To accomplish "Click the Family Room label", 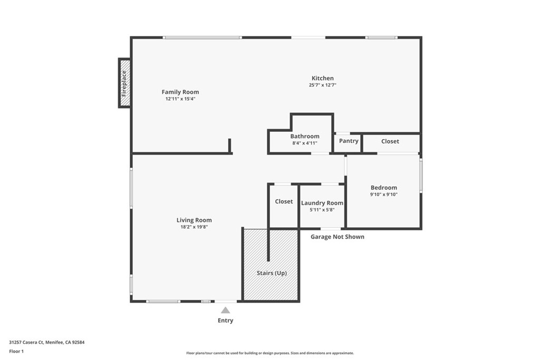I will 180,92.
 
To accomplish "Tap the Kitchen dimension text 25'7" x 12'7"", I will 322,85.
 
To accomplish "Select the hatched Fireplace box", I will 124,83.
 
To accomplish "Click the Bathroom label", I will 304,136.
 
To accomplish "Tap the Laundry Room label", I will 322,203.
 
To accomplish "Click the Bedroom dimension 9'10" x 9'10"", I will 383,194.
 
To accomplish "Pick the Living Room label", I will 194,220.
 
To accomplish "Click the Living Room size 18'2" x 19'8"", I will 194,227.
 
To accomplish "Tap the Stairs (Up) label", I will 272,273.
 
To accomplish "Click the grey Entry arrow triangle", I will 225,310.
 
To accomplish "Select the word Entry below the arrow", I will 225,320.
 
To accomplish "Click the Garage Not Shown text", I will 337,237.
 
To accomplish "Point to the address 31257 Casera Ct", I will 46,342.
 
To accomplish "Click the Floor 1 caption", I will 16,351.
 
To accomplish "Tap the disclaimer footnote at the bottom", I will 269,353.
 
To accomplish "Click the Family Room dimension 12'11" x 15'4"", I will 180,99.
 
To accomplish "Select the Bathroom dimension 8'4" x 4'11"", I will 304,143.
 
